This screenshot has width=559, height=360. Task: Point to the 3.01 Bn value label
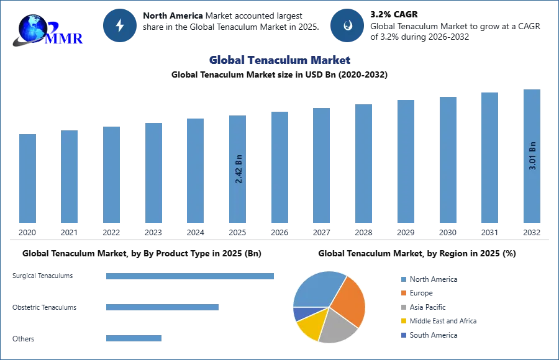pyautogui.click(x=532, y=156)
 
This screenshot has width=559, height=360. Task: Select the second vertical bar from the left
pyautogui.click(x=70, y=176)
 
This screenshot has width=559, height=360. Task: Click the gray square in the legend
pyautogui.click(x=403, y=308)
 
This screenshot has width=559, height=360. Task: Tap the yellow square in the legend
pyautogui.click(x=403, y=322)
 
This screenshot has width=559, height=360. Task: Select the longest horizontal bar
pyautogui.click(x=191, y=278)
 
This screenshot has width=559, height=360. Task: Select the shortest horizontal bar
pyautogui.click(x=134, y=338)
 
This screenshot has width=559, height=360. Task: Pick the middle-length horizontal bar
pyautogui.click(x=161, y=308)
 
